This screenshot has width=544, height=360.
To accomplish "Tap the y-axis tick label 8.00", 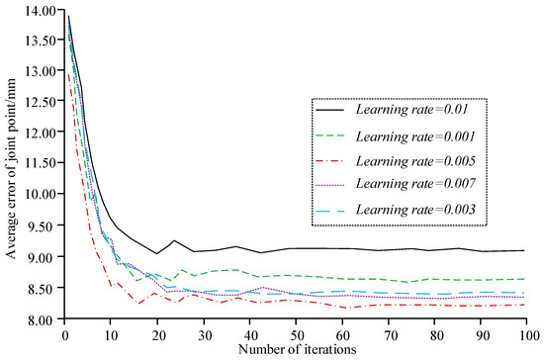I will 41,318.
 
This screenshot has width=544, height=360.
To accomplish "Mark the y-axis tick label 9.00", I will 41,256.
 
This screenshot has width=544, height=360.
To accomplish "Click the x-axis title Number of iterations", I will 295,349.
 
